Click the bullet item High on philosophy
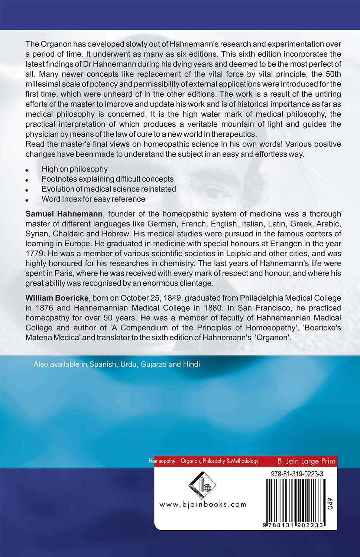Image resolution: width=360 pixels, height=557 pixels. coord(74,169)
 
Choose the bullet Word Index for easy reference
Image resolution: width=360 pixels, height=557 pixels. coord(93,199)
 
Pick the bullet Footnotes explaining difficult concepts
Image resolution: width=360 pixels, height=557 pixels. coord(107,179)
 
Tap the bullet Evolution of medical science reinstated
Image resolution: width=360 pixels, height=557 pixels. coord(108,189)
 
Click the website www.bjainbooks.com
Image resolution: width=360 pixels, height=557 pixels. coord(203,504)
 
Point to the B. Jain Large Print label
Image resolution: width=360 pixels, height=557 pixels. coord(306,461)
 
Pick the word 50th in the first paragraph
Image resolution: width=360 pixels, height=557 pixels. coord(331,74)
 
